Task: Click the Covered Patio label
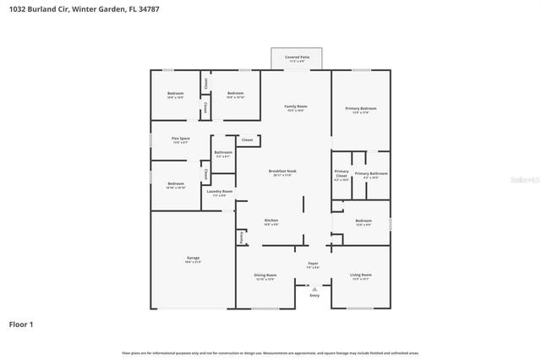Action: [x=296, y=58]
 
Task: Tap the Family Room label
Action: [x=295, y=107]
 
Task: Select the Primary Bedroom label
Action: [x=361, y=109]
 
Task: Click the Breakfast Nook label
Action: [x=282, y=172]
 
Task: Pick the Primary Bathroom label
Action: [x=372, y=175]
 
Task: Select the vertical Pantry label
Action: [x=241, y=238]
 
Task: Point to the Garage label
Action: [x=193, y=259]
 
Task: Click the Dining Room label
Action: [x=265, y=276]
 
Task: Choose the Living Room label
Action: [x=361, y=276]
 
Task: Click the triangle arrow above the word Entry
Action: [x=314, y=288]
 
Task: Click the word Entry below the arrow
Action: [x=314, y=296]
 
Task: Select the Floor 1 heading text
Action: [x=21, y=324]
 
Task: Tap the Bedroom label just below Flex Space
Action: [x=176, y=185]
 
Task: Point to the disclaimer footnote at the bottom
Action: [x=270, y=352]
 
